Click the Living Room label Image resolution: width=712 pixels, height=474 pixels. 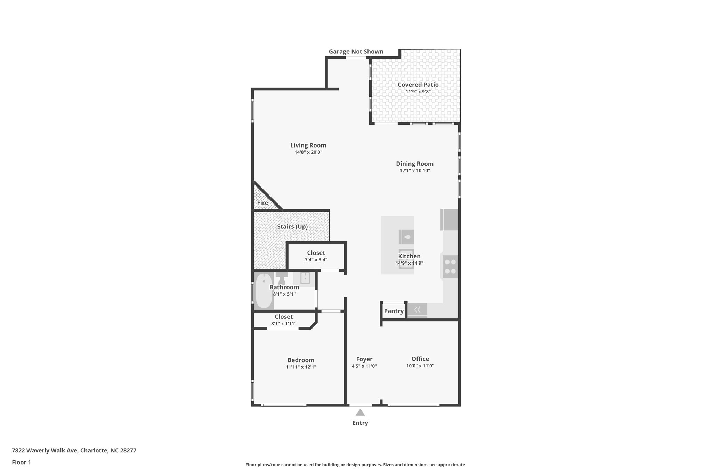[308, 145]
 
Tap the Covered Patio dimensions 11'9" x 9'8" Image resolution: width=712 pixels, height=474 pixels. [418, 92]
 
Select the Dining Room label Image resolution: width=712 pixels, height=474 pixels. [414, 164]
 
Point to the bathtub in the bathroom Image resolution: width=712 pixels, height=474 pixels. [264, 291]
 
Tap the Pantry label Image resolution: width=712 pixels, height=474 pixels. [394, 311]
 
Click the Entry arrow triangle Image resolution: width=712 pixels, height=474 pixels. [360, 413]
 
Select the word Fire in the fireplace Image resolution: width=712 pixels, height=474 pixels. [262, 203]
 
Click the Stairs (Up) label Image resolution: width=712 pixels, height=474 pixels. [292, 227]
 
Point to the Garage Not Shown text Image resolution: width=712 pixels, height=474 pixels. [356, 52]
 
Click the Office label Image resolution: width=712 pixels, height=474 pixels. [420, 359]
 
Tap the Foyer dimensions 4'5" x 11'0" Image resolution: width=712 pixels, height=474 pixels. [364, 366]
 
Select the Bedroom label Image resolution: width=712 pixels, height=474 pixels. [301, 360]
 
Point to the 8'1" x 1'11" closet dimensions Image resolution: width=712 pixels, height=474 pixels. [284, 324]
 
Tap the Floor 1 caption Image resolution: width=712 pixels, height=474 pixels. [21, 462]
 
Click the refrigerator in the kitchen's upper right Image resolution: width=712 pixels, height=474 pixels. [450, 219]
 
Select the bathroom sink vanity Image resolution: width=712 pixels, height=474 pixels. [305, 278]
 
